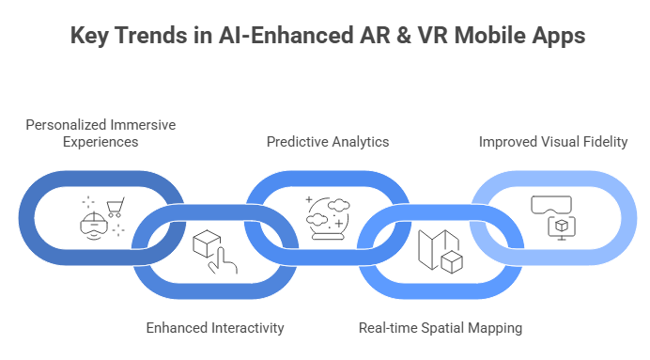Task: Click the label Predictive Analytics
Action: click(x=327, y=142)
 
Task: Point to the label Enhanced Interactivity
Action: click(x=215, y=328)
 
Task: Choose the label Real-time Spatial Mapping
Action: click(x=441, y=328)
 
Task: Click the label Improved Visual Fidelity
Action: click(x=553, y=142)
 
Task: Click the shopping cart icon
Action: click(x=116, y=206)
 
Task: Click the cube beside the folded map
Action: click(x=453, y=262)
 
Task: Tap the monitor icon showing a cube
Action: click(x=561, y=226)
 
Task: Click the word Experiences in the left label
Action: click(x=101, y=142)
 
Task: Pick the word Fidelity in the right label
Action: click(x=604, y=142)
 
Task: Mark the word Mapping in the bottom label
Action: click(x=496, y=328)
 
